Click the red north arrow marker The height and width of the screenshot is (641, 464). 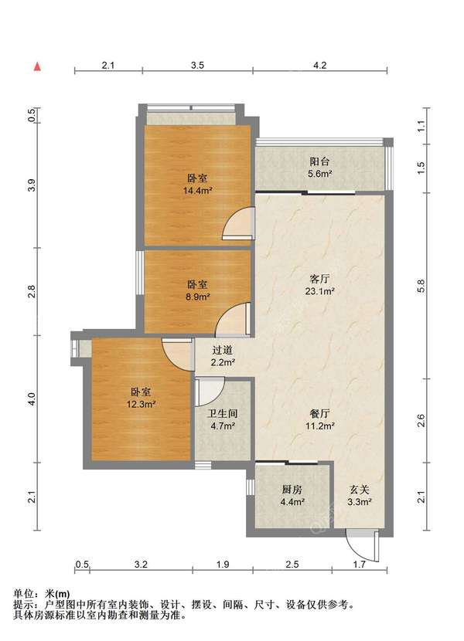coord(37,66)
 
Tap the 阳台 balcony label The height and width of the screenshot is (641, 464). coord(319,161)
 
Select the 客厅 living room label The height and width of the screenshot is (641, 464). coord(319,280)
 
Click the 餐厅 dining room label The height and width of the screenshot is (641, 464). coord(319,413)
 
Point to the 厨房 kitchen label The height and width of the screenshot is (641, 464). coord(292,490)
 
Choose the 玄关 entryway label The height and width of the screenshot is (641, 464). coord(359,490)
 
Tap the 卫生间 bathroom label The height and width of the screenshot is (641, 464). coord(223,414)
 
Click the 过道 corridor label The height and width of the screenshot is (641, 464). coord(223,350)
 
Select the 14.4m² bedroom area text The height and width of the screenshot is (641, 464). coord(197,191)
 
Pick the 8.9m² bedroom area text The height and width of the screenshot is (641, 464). coord(197,297)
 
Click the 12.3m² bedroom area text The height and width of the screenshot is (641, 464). coord(141,405)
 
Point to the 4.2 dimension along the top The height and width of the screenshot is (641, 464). coord(319,65)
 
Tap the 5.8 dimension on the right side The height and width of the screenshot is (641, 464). coord(421,286)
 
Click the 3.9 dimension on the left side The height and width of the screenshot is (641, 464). coord(32,185)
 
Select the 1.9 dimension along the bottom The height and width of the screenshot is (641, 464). coord(223,565)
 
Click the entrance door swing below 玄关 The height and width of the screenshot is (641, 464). coord(362,546)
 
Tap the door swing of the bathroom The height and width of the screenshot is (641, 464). coord(210,392)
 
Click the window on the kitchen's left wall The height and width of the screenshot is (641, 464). coord(251,487)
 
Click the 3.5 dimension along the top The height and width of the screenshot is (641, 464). coord(197,65)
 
